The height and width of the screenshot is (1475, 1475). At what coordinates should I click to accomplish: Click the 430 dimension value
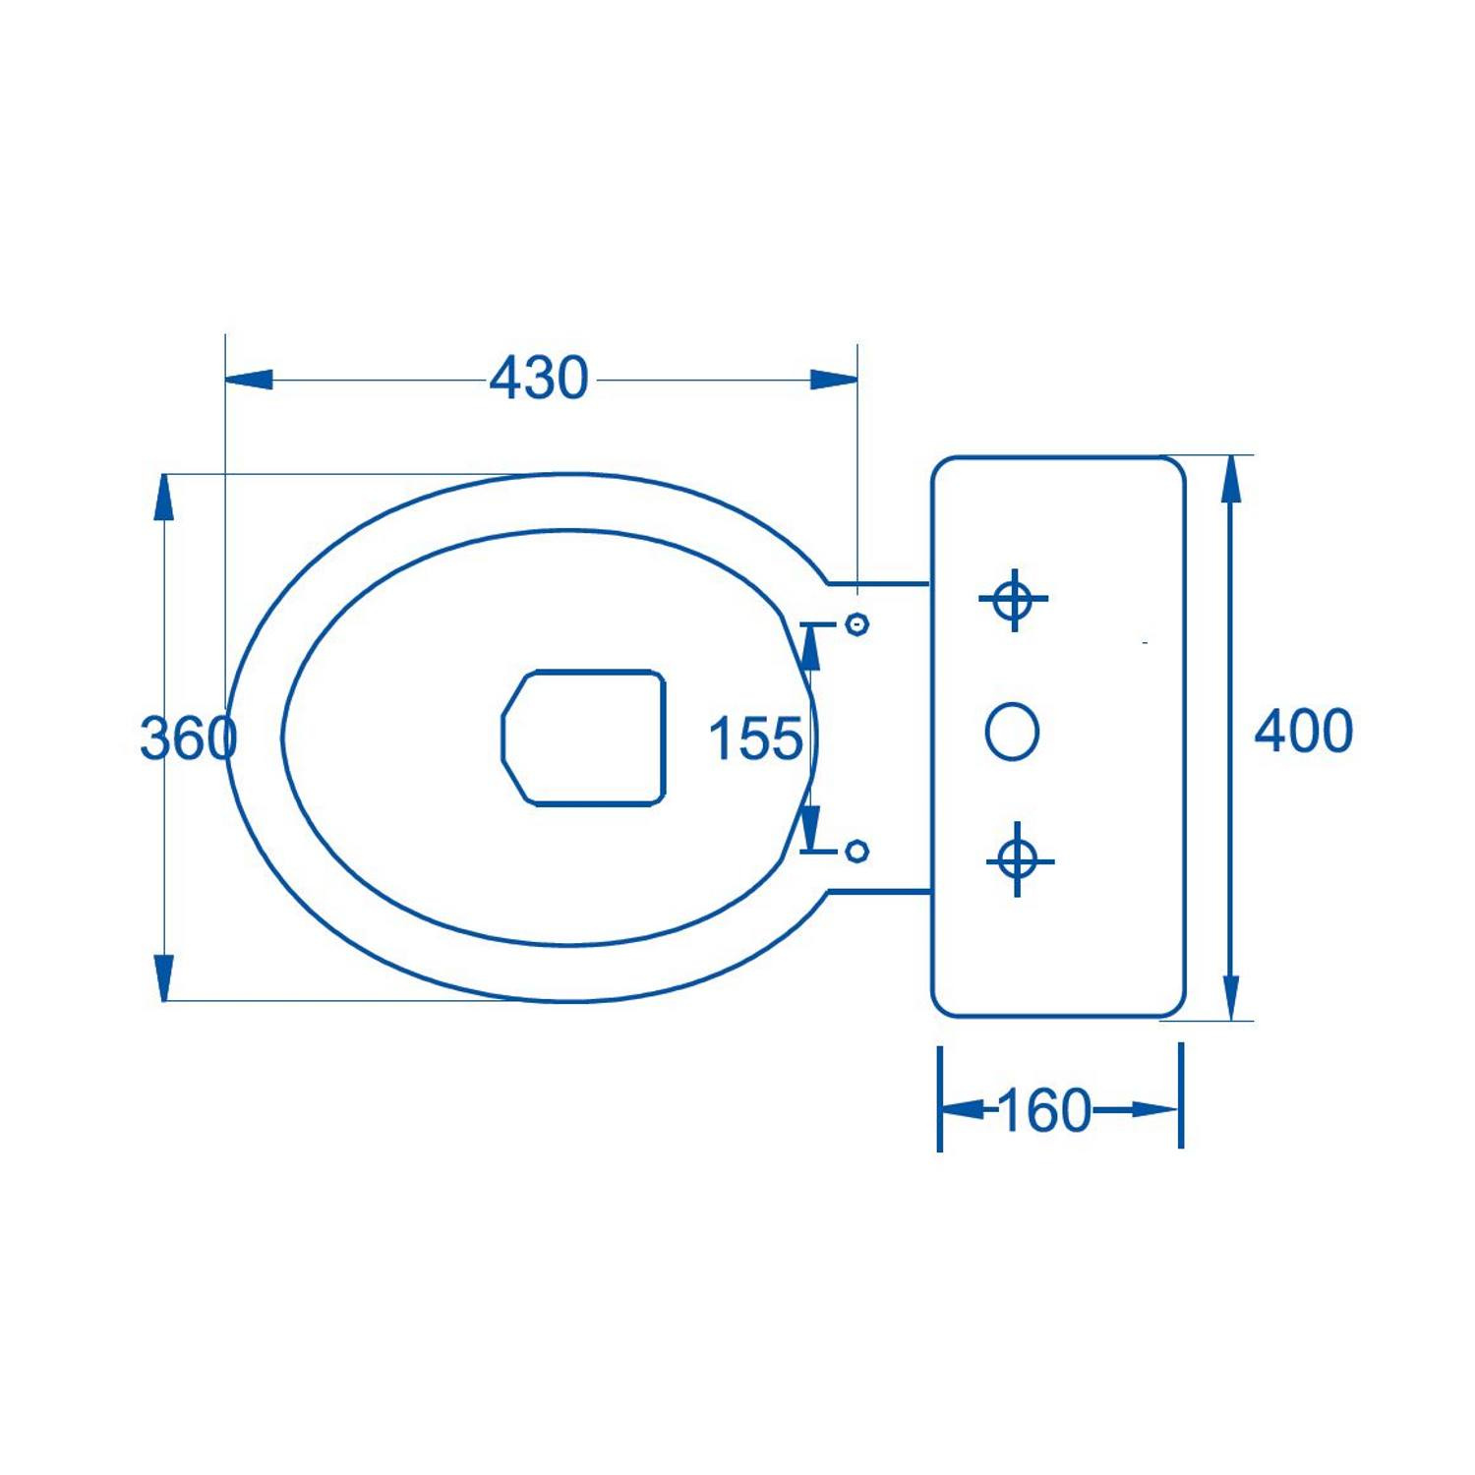click(539, 379)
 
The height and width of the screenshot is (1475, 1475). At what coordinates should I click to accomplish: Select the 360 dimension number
click(188, 737)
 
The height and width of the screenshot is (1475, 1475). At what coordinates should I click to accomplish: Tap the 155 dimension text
click(755, 738)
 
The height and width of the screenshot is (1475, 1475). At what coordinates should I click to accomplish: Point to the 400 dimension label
click(1303, 731)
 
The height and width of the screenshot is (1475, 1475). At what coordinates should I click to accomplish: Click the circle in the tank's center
click(1012, 732)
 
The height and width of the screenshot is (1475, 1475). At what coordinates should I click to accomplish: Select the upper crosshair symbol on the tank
click(1013, 598)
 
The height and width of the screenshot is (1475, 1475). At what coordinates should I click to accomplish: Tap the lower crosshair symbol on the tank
click(1019, 860)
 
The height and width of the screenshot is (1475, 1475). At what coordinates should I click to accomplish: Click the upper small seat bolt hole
click(857, 624)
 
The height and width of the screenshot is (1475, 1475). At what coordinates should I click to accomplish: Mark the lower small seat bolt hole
click(857, 851)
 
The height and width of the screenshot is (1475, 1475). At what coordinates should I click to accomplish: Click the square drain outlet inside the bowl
click(584, 738)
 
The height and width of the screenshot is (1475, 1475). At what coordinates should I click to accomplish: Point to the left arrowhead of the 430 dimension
click(248, 380)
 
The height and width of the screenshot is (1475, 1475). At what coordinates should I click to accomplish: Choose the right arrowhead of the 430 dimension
click(834, 380)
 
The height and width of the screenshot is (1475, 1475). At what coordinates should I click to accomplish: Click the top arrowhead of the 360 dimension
click(164, 498)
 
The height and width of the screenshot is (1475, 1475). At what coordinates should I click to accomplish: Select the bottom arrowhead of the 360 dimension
click(164, 977)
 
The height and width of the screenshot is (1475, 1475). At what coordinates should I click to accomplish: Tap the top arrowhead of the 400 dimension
click(1230, 480)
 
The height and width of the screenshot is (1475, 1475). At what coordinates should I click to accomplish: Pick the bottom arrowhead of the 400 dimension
click(1230, 997)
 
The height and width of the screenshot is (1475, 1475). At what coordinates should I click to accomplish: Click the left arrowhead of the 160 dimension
click(963, 1110)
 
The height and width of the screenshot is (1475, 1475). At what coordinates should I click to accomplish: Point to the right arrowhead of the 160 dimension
click(1156, 1110)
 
